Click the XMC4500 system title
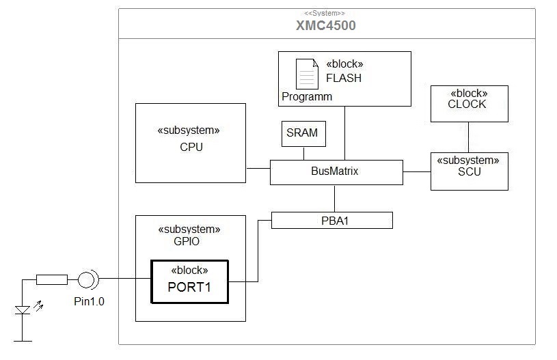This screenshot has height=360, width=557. click(325, 26)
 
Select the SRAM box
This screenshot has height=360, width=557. click(303, 133)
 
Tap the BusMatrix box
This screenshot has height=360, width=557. click(336, 172)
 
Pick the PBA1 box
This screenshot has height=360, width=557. click(331, 220)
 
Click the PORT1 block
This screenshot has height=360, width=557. click(189, 281)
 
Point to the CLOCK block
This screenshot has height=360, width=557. click(468, 103)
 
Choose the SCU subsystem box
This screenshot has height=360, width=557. click(469, 171)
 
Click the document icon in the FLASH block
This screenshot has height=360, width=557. click(306, 73)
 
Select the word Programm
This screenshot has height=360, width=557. click(307, 97)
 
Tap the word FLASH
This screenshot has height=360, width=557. click(344, 78)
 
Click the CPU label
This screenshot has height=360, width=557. click(191, 147)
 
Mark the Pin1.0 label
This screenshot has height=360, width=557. click(90, 301)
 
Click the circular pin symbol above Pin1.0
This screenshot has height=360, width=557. click(87, 279)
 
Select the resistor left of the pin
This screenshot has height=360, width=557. click(51, 279)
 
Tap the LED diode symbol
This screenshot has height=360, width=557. click(23, 310)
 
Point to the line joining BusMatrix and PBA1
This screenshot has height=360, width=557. click(334, 198)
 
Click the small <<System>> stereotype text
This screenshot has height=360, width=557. click(325, 13)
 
